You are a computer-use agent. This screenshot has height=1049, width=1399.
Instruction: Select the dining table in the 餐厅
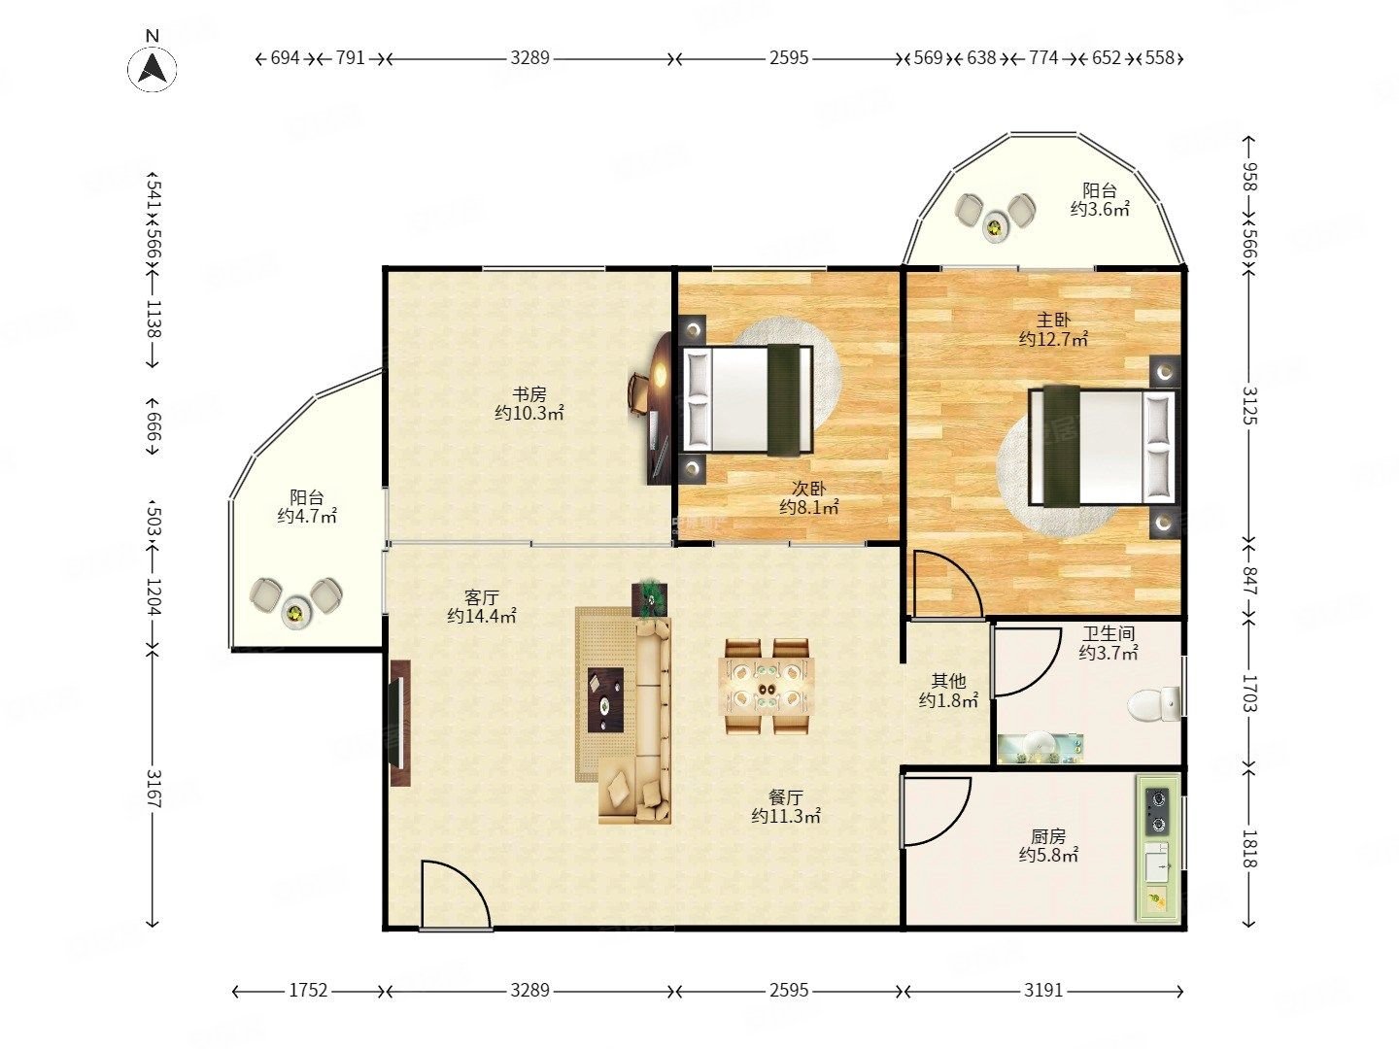pos(767,686)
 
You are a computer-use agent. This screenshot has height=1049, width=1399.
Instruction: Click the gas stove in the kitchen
pos(1157,811)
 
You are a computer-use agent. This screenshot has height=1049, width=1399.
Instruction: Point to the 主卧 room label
pos(1053,320)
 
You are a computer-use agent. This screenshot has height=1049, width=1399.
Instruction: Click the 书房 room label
pos(529,393)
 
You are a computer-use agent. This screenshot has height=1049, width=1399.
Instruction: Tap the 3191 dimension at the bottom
pos(1043,990)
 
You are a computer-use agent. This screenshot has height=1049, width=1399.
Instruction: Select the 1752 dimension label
pos(308,990)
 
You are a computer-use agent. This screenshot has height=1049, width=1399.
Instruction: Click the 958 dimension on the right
pos(1248,177)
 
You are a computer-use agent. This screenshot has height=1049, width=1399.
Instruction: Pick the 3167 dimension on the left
pos(153,788)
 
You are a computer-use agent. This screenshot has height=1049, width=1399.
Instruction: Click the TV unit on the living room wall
pos(399,723)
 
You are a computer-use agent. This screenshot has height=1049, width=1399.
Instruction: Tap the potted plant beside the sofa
pos(650,599)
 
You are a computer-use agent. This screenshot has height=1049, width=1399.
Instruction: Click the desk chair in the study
pos(638,393)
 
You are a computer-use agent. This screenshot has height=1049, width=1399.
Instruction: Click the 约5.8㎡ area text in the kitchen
pos(1048,855)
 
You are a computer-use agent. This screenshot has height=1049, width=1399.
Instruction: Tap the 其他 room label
pos(948,681)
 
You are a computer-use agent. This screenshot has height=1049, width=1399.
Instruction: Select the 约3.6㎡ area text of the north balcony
pos(1100,209)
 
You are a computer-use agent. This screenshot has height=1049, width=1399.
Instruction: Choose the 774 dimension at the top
pos(1043,58)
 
